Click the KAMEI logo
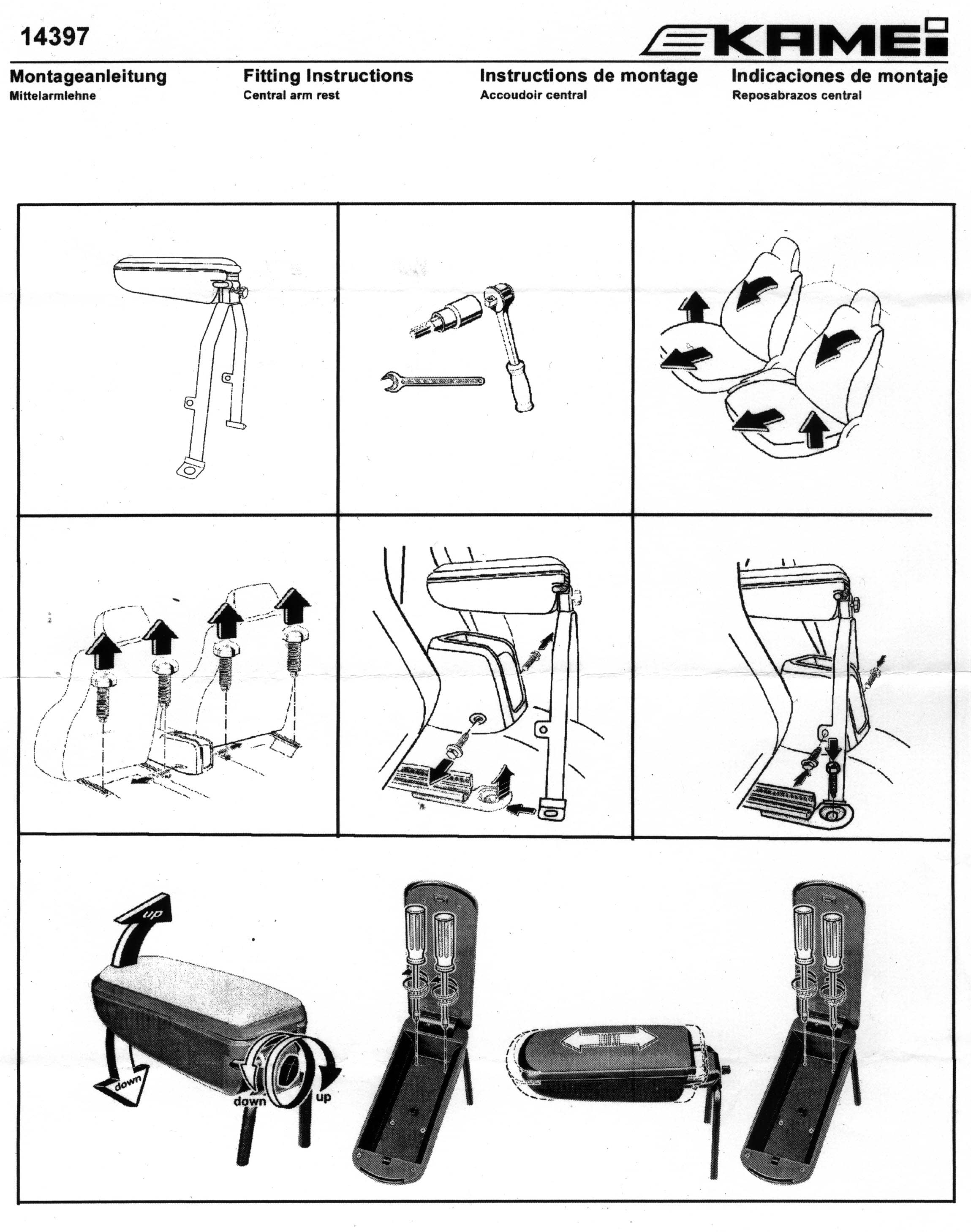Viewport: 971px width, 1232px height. click(x=794, y=38)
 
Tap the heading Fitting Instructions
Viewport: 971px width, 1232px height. click(x=328, y=76)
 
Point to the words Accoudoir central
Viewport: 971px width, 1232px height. click(x=533, y=95)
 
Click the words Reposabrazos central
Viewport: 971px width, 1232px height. click(x=797, y=95)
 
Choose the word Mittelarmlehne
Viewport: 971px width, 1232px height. click(x=52, y=95)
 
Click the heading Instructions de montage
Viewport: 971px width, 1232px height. click(x=588, y=76)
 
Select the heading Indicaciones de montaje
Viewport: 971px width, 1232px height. click(x=840, y=76)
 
